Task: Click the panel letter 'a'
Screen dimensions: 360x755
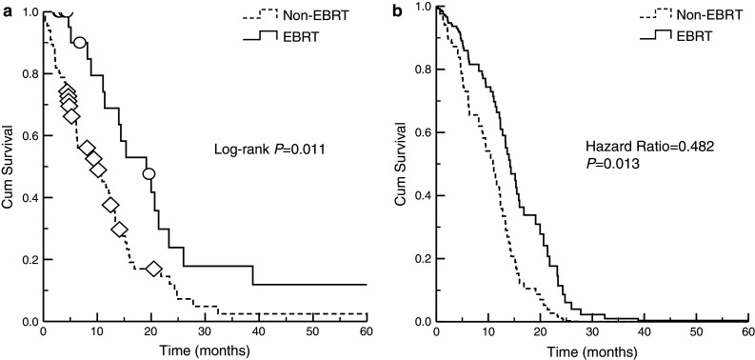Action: (x=7, y=9)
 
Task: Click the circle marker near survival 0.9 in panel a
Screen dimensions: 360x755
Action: (x=81, y=43)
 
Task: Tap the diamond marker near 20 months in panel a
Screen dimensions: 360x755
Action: (x=154, y=270)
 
